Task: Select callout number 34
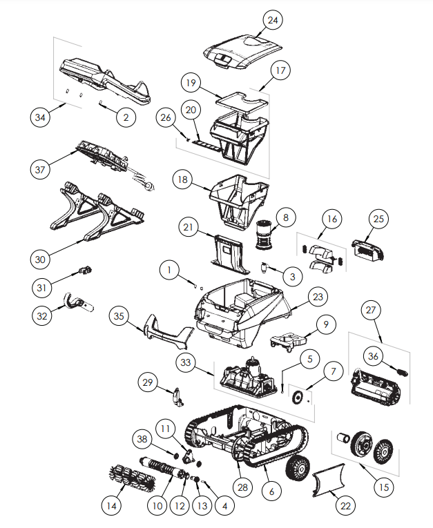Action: click(41, 117)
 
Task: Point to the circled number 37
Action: click(41, 168)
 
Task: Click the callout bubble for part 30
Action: click(41, 259)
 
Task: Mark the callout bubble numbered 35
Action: click(120, 317)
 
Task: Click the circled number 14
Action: click(110, 506)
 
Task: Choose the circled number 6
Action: click(271, 491)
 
